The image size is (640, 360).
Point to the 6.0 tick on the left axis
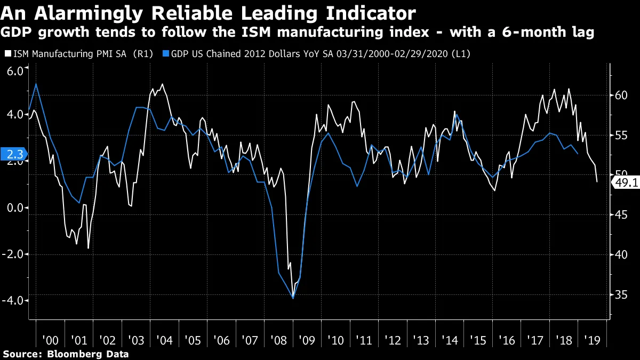tap(14, 71)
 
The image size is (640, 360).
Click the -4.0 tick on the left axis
tap(13, 300)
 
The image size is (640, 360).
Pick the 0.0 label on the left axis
tap(14, 209)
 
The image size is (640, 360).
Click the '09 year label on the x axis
tap(306, 340)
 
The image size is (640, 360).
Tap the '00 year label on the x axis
tap(50, 340)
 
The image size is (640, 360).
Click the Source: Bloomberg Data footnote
tap(66, 354)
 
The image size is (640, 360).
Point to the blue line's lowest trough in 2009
tap(293, 298)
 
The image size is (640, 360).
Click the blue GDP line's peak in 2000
tap(36, 84)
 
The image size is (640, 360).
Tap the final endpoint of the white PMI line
tap(597, 182)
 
